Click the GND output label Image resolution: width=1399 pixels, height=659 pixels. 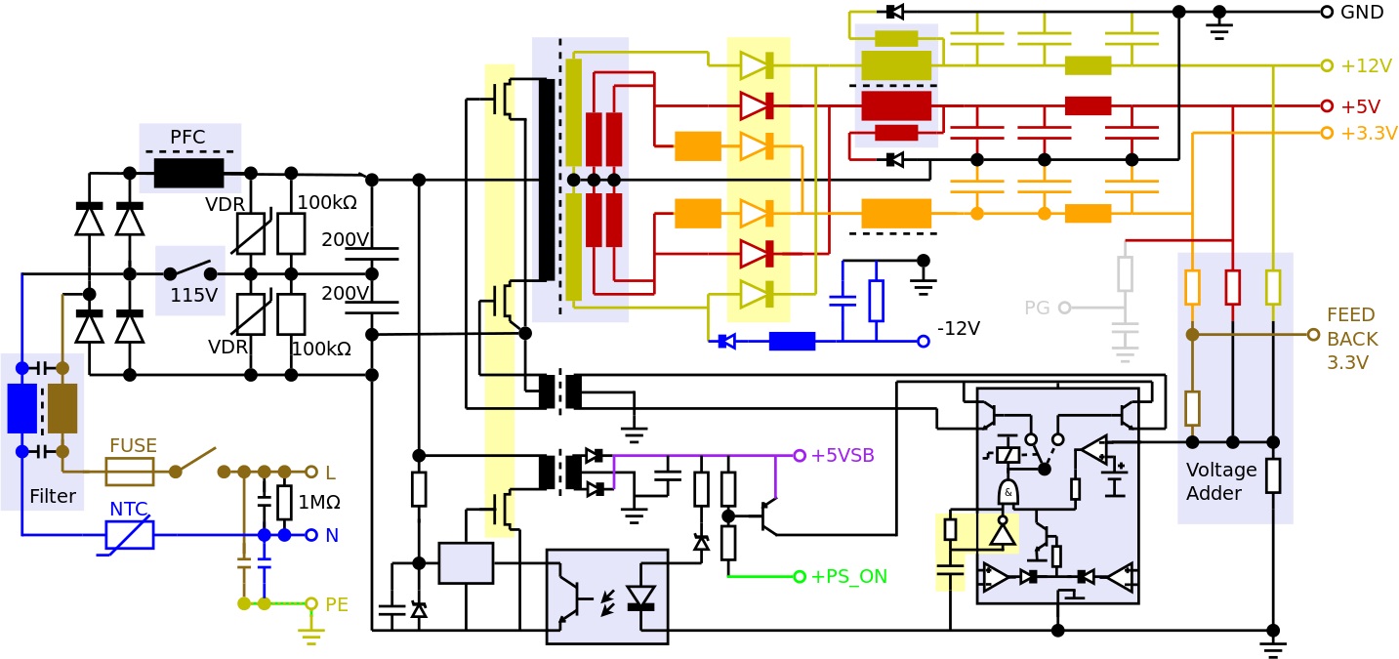(1361, 13)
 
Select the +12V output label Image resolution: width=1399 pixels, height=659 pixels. (1365, 66)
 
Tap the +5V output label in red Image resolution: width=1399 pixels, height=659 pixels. (1359, 106)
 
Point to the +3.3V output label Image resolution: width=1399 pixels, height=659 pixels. (1368, 134)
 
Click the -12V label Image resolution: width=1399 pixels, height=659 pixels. (958, 329)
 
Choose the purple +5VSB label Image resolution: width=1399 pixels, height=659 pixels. (842, 456)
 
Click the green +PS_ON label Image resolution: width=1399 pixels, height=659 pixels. (847, 577)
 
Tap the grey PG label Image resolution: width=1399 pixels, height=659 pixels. (1036, 309)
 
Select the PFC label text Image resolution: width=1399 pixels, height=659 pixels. (187, 138)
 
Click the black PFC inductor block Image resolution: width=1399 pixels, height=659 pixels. (188, 174)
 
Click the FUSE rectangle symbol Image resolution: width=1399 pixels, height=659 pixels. (130, 472)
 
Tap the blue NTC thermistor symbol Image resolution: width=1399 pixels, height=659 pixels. (130, 535)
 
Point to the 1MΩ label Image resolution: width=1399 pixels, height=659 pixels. (319, 503)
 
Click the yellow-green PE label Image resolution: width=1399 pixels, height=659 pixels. (336, 604)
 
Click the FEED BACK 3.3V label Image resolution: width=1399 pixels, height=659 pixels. (1351, 339)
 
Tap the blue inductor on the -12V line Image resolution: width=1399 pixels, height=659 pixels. (792, 342)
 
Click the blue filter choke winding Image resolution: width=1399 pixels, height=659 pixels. (21, 408)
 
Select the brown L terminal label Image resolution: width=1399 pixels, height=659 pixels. (330, 474)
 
